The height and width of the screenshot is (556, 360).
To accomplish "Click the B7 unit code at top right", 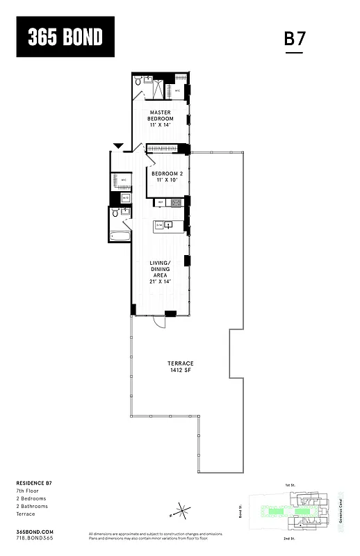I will click(295, 39).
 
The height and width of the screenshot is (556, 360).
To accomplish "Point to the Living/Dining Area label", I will click(161, 272).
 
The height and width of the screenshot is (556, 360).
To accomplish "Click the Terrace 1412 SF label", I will click(180, 367).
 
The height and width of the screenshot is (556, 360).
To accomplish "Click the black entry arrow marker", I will click(118, 145).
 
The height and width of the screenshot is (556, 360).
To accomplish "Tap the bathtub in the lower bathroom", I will click(120, 236).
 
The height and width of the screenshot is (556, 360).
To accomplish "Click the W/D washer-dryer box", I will click(126, 198).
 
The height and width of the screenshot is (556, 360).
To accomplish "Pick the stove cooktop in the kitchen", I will click(177, 203).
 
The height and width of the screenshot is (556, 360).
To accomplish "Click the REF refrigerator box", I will click(161, 203).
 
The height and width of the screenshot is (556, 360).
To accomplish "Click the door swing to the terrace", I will click(160, 322).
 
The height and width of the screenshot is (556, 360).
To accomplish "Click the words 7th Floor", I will click(27, 491).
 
